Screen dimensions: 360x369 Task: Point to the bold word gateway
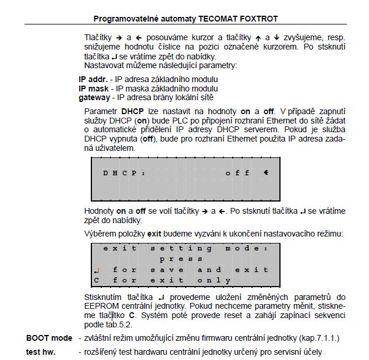point(94,97)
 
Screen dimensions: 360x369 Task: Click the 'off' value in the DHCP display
point(237,173)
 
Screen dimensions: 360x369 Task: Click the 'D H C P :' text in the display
point(124,173)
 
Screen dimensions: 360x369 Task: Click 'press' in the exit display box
point(181,259)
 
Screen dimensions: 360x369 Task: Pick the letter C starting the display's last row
point(97,280)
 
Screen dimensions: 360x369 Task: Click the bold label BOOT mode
point(49,338)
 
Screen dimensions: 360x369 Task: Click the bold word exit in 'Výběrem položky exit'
point(154,234)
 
